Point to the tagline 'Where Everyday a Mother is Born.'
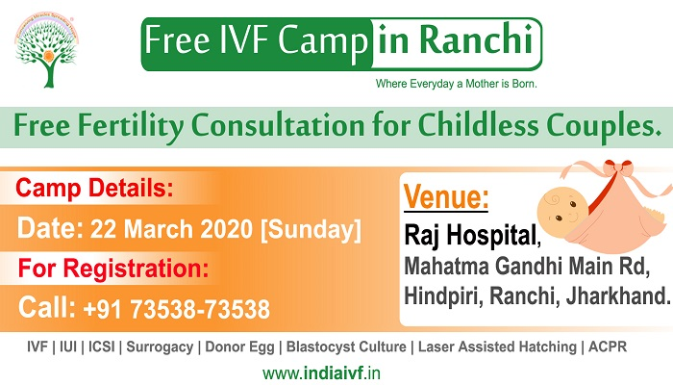pos(455,85)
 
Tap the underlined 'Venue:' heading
pos(446,198)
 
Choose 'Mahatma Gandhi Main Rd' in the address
pos(527,264)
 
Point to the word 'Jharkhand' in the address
pos(621,297)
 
